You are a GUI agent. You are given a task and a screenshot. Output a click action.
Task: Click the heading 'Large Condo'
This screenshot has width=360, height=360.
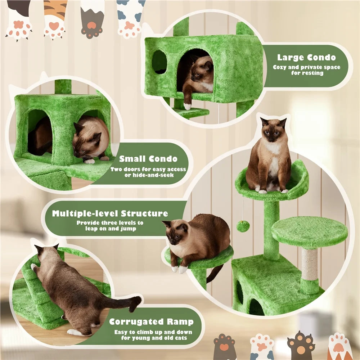[306, 57]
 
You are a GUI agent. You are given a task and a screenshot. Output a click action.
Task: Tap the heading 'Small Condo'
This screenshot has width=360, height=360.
[148, 159]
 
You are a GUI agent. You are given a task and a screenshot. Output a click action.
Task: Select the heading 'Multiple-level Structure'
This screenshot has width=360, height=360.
[110, 213]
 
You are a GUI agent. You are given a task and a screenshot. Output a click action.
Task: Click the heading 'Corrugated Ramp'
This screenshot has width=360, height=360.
[151, 321]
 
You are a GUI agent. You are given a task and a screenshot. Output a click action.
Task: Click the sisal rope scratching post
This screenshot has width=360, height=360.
[310, 265]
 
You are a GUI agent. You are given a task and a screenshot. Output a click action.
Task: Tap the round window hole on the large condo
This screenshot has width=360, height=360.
[159, 62]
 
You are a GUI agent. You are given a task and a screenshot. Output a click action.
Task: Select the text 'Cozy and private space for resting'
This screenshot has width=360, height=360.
[306, 70]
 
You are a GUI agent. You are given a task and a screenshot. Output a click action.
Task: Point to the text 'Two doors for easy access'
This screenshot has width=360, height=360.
[148, 169]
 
